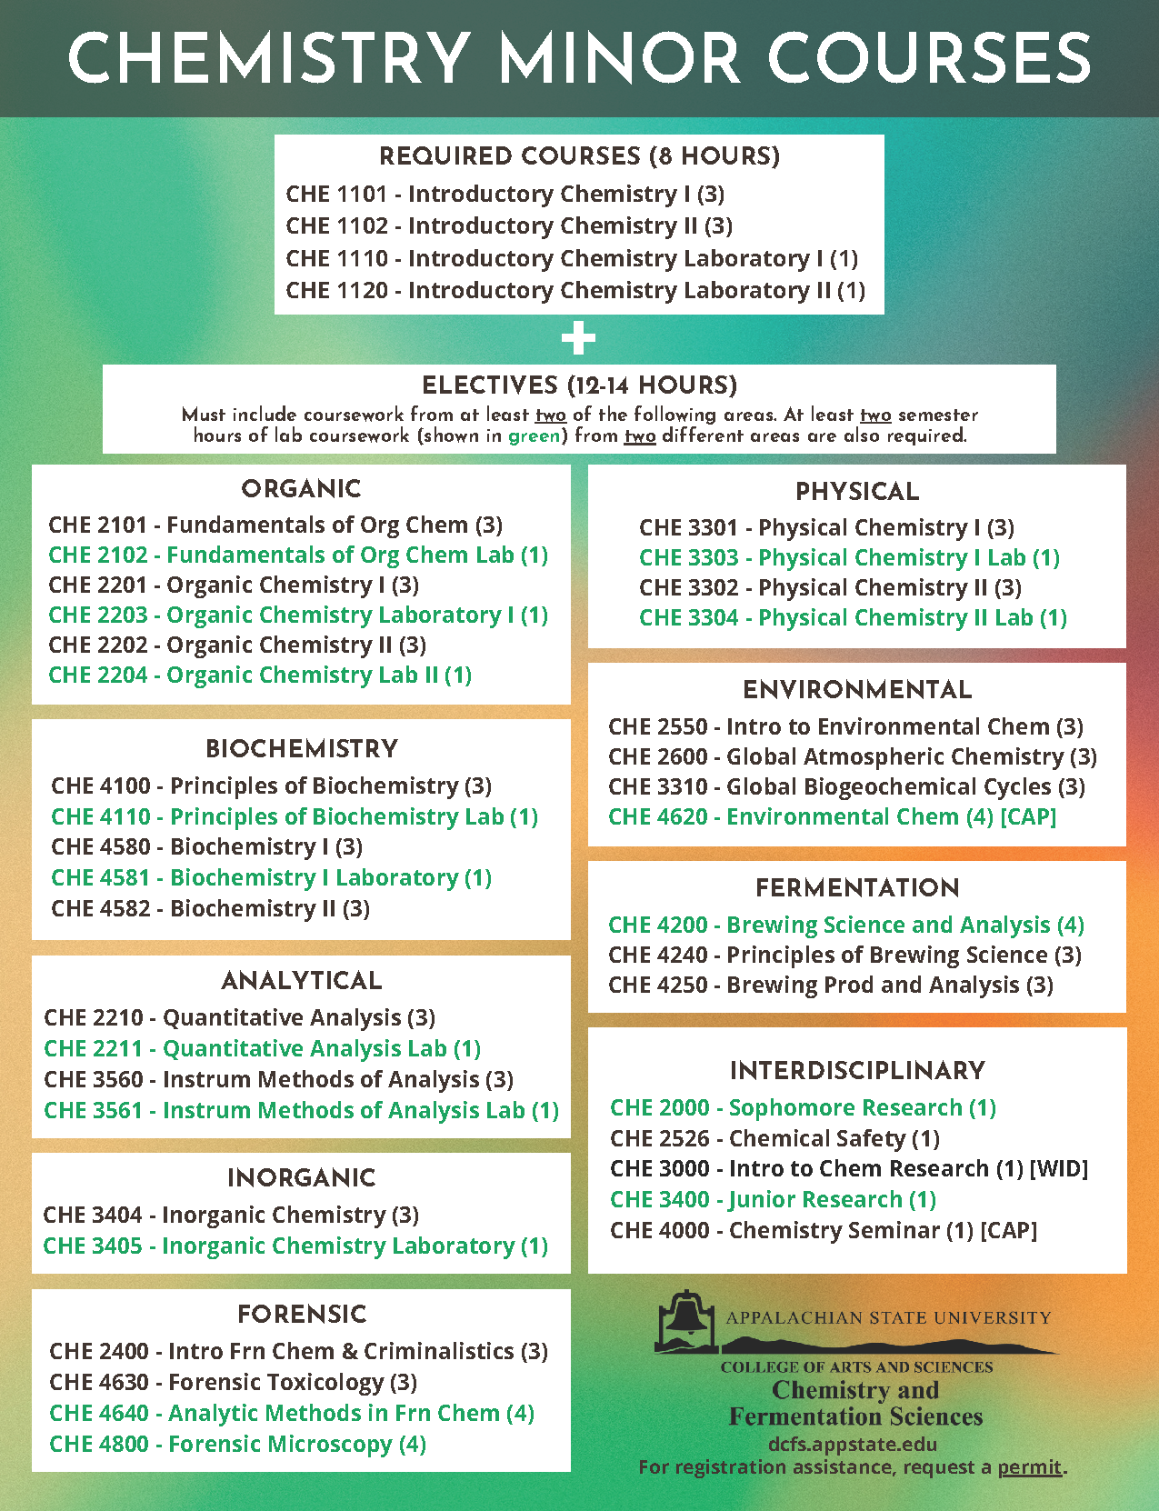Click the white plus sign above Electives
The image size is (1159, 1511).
[578, 338]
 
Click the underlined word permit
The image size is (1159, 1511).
[1029, 1466]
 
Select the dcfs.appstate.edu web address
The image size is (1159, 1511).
[852, 1444]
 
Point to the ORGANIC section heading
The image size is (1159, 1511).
[301, 489]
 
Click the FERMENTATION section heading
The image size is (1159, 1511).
[857, 887]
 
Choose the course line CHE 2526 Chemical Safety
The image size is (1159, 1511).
[774, 1138]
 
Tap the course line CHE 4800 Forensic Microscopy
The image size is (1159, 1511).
[237, 1444]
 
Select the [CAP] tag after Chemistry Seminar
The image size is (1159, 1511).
[1008, 1230]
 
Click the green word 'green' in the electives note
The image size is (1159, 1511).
[534, 435]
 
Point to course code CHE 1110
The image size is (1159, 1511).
[336, 258]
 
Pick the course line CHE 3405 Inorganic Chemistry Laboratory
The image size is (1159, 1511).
[295, 1246]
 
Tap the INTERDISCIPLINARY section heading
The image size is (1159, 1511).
[857, 1071]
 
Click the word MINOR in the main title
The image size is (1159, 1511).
[619, 59]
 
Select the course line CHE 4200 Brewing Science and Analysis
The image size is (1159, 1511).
[845, 925]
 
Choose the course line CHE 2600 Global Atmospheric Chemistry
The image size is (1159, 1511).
[852, 756]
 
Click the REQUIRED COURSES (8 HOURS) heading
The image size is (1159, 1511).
[579, 156]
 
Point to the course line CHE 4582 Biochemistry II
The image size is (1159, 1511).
[210, 908]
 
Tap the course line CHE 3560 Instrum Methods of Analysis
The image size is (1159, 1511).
[278, 1079]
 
